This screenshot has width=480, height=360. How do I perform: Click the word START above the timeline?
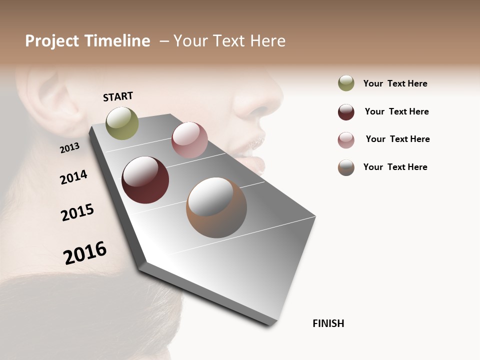[118, 96]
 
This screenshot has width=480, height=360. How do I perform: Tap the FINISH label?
[328, 323]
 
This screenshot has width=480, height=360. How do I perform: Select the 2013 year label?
[69, 147]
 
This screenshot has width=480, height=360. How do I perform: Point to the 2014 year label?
[73, 177]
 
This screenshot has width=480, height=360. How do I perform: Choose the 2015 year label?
[77, 212]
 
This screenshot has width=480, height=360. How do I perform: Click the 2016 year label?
[85, 253]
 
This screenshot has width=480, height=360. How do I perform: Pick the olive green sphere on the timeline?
[122, 123]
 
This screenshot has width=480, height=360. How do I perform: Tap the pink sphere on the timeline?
[189, 140]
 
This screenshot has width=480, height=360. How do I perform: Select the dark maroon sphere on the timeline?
[145, 180]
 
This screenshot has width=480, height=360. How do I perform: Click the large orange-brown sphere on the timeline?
[216, 207]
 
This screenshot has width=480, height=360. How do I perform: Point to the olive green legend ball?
[346, 83]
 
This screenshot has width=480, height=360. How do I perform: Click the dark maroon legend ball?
[346, 112]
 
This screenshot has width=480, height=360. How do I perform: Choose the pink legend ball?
[346, 140]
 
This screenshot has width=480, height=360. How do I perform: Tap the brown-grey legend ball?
[346, 167]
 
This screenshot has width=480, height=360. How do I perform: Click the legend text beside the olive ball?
[395, 83]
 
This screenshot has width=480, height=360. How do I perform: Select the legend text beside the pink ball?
[397, 139]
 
